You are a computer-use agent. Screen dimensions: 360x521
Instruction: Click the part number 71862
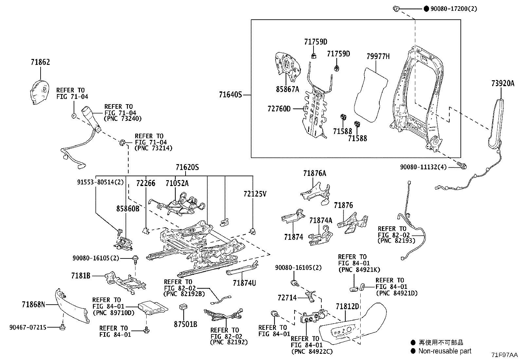click(x=40, y=62)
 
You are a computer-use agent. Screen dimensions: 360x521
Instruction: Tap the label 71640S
click(x=230, y=95)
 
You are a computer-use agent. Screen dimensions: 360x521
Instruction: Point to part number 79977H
click(x=378, y=56)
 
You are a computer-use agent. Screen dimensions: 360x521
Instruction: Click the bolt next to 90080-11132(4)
click(x=463, y=167)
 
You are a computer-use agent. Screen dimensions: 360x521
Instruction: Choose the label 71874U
click(x=244, y=282)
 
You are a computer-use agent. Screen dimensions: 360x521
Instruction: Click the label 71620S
click(x=187, y=168)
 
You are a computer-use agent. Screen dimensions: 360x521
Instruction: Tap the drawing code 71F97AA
click(x=504, y=355)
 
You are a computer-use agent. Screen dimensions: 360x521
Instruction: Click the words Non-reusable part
click(x=445, y=351)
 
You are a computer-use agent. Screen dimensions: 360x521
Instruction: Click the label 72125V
click(x=255, y=194)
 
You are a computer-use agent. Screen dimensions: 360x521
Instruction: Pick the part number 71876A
click(x=314, y=173)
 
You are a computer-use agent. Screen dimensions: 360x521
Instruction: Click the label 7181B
click(x=81, y=276)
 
